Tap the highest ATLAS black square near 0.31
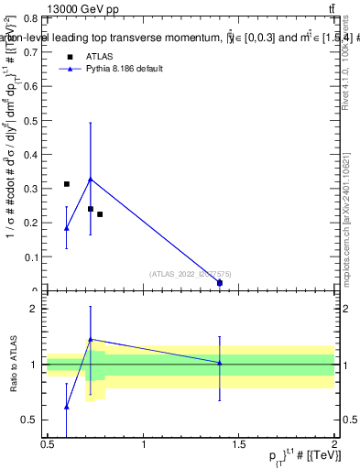(66, 184)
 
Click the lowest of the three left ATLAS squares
(100, 214)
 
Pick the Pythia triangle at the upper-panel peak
(90, 179)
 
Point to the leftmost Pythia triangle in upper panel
(66, 228)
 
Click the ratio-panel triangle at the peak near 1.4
(90, 339)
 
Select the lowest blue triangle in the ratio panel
(66, 407)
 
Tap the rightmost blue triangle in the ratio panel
(220, 363)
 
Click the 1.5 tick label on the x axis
(239, 445)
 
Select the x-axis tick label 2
(334, 445)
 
